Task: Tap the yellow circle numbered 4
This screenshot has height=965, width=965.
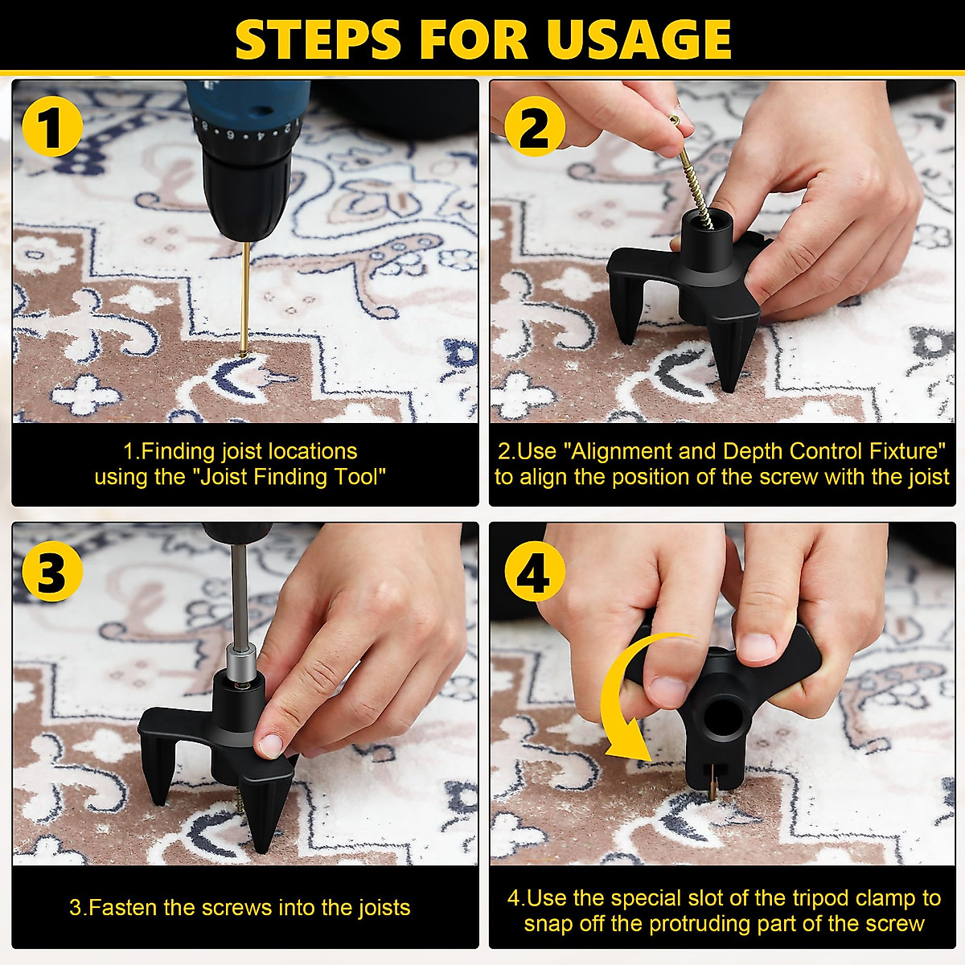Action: pos(534,573)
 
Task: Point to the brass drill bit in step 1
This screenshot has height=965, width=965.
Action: pos(244,298)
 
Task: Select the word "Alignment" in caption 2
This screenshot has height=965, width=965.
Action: pos(622,450)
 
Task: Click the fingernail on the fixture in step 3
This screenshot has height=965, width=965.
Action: pos(269,744)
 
